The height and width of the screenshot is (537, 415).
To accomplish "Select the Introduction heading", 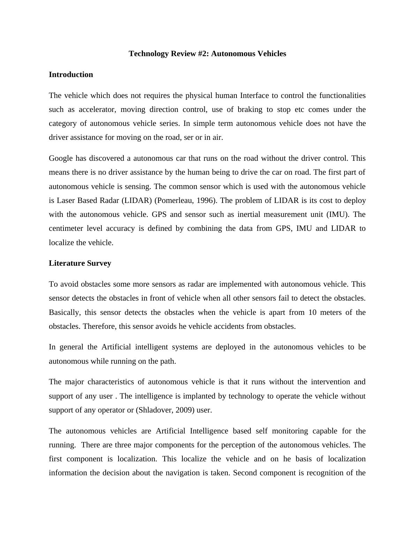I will tap(71, 75).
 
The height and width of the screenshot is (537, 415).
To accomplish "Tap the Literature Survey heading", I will tap(80, 263).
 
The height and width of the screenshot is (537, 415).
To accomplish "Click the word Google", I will tap(61, 158).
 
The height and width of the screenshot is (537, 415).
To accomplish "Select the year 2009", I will tap(184, 410).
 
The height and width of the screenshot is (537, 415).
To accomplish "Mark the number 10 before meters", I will tap(312, 312).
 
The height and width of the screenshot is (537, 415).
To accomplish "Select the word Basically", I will tap(64, 312).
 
